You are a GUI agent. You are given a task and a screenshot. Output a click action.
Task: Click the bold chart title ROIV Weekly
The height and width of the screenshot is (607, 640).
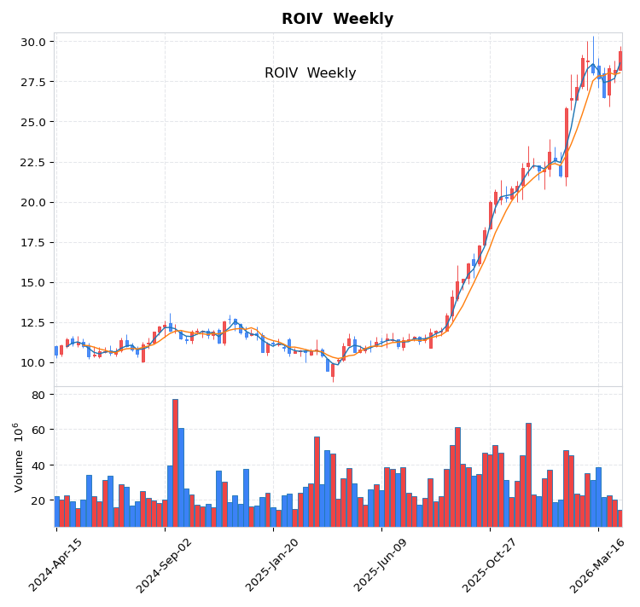point(337,19)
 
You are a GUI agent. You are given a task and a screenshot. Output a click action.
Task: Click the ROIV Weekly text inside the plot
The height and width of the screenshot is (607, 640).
point(310,73)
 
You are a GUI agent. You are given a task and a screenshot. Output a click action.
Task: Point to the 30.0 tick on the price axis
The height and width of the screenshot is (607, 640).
point(33,42)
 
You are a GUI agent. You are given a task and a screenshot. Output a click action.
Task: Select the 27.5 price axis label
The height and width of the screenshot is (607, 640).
point(33,82)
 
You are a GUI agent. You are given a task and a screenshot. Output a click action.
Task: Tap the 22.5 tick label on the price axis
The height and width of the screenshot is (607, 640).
point(33,162)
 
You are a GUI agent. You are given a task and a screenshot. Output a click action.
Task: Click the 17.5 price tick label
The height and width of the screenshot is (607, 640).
point(33,242)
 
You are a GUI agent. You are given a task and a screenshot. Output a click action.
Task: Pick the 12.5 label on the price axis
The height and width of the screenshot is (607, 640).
point(33,322)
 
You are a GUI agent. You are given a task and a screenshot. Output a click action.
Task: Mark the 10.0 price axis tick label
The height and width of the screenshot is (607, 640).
point(33,362)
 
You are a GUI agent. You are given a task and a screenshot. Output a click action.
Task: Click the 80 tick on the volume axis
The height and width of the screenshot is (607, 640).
point(38,396)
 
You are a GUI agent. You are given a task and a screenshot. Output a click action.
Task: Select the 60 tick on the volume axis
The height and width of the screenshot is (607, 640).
point(38,431)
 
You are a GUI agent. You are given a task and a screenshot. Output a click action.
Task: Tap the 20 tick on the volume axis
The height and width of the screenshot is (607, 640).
point(38,500)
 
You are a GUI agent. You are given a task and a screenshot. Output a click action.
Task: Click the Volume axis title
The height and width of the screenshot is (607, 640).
point(17,457)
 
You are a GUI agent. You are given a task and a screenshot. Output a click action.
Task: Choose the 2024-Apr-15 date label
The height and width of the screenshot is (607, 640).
point(56,564)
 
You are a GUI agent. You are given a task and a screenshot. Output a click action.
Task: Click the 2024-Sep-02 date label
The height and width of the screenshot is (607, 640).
point(165,564)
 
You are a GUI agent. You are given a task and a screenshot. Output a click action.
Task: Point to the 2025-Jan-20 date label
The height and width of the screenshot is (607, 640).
point(273,564)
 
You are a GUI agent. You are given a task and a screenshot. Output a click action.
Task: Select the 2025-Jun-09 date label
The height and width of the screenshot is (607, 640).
point(381,564)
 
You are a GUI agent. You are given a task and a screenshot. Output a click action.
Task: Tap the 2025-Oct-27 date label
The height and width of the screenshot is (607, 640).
point(490,564)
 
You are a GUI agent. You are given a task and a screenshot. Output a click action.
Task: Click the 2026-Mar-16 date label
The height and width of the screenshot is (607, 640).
point(597,564)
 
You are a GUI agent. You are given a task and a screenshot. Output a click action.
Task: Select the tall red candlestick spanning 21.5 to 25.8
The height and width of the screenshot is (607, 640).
point(566,142)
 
